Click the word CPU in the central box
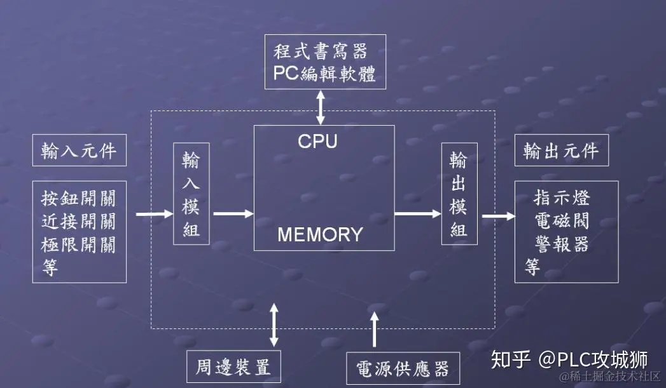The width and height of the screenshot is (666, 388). click(317, 141)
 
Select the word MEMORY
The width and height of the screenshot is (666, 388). click(320, 234)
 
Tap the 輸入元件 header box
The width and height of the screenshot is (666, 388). click(79, 151)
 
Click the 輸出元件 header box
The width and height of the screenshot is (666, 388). click(560, 151)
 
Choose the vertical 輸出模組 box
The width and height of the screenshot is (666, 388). click(459, 194)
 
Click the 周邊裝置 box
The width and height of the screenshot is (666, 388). click(233, 366)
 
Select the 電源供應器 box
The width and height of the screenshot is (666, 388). click(402, 368)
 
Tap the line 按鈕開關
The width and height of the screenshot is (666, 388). click(79, 199)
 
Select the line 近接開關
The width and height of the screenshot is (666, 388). click(79, 222)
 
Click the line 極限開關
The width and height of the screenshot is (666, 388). click(79, 244)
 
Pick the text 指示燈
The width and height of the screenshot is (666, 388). click(562, 198)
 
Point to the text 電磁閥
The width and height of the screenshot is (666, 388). click(562, 221)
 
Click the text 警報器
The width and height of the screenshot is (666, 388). click(562, 244)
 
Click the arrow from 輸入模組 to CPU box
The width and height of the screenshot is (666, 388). click(233, 214)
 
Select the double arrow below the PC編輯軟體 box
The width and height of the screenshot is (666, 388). click(321, 107)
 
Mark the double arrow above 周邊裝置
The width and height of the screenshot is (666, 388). click(274, 324)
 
